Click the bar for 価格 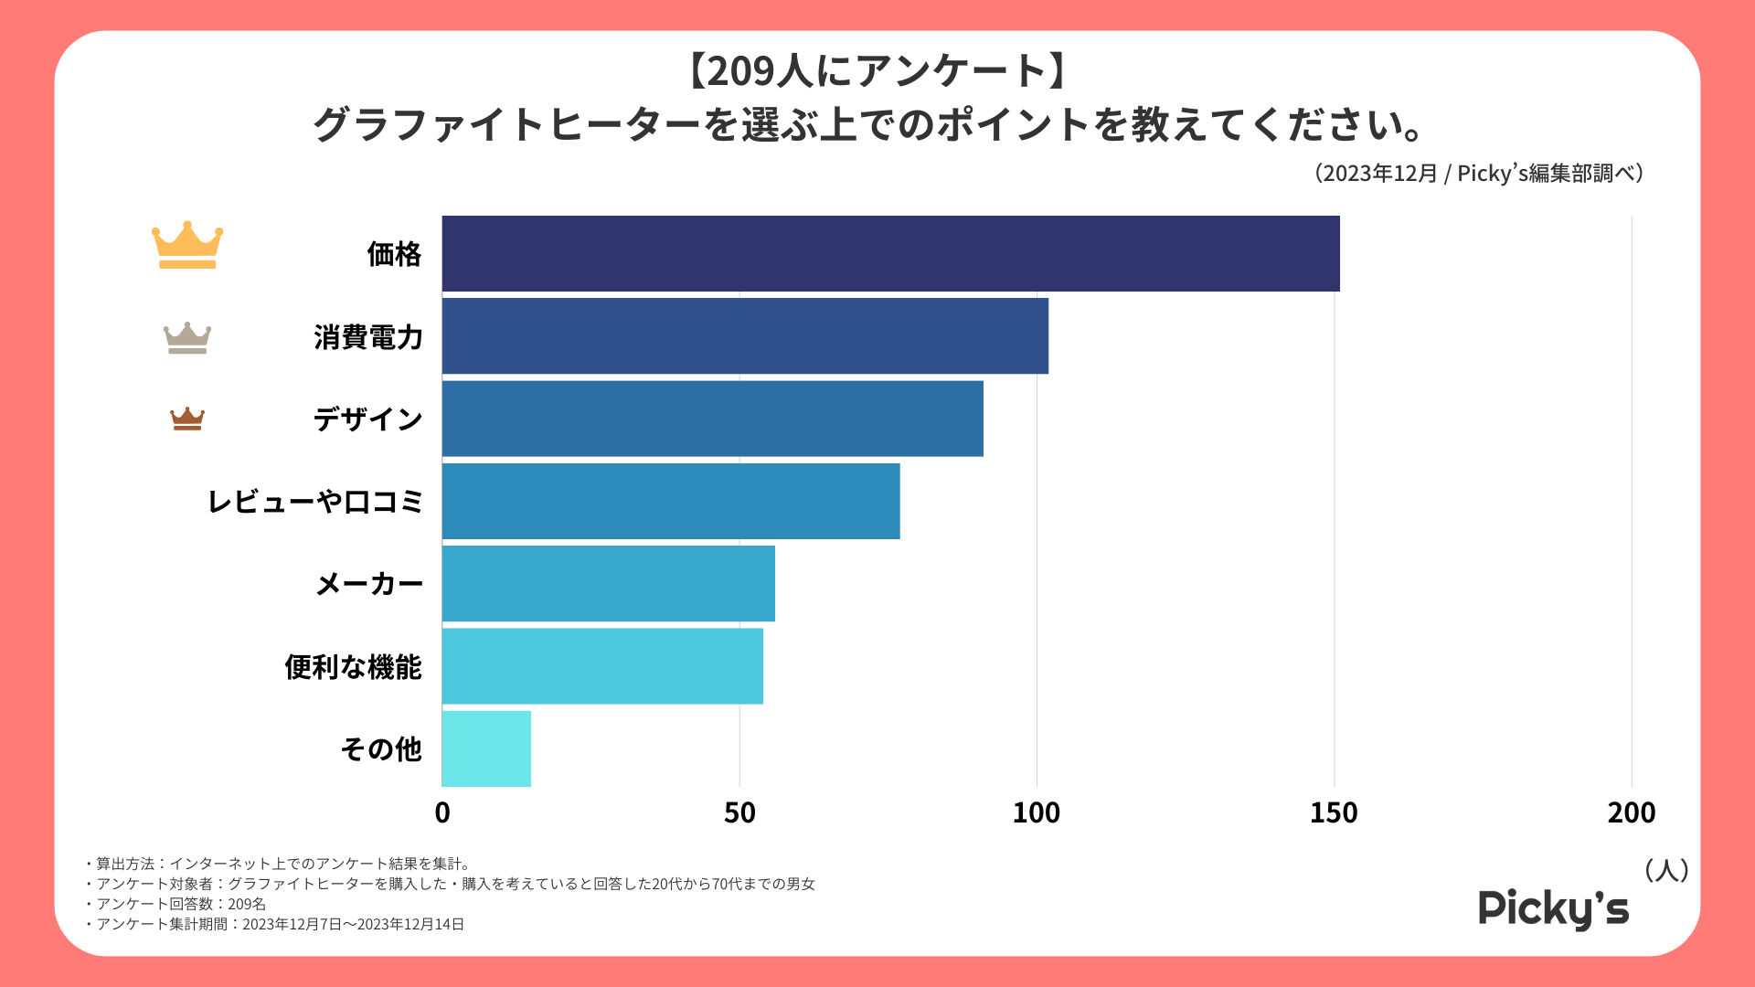(x=890, y=254)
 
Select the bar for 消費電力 (x=745, y=336)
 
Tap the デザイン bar (x=712, y=419)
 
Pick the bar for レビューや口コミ (x=671, y=501)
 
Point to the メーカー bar (x=608, y=583)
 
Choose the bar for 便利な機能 (x=602, y=666)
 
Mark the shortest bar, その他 (x=486, y=748)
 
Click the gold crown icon (x=187, y=245)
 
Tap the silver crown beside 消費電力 (x=187, y=337)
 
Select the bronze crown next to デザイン (x=187, y=419)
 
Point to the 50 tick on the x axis (x=739, y=812)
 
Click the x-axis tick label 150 (x=1334, y=812)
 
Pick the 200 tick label (x=1632, y=812)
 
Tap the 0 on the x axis (x=442, y=812)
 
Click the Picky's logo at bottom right (x=1553, y=908)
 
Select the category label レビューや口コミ (x=315, y=502)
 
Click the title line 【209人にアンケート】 (x=877, y=71)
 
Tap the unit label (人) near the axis (x=1666, y=870)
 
